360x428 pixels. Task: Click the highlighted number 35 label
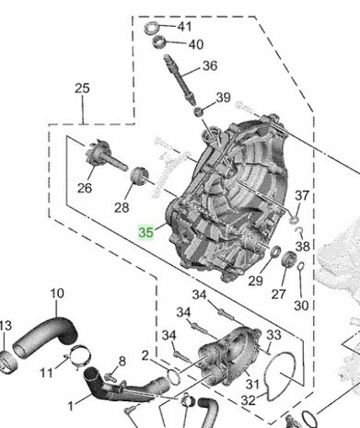[x=145, y=232]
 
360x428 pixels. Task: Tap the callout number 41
[x=184, y=27]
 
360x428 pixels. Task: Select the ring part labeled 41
[x=151, y=28]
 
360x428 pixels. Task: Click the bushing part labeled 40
[x=159, y=41]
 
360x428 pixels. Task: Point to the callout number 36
[x=210, y=65]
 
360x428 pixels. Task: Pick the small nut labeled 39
[x=199, y=111]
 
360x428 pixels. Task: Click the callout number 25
[x=82, y=88]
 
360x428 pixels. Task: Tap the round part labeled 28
[x=140, y=176]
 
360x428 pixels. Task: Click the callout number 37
[x=302, y=195]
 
